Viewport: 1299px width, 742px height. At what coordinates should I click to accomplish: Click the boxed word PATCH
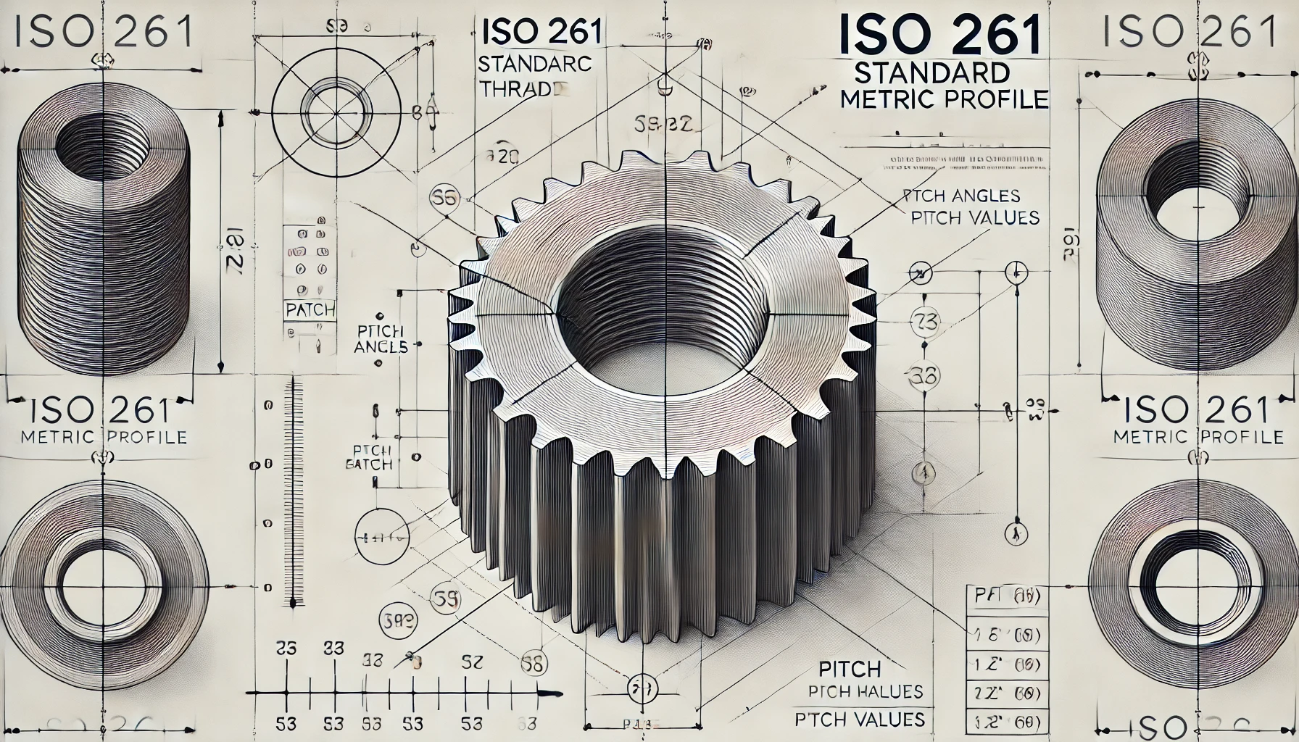click(x=310, y=310)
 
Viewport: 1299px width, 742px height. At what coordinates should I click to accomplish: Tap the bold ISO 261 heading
click(x=940, y=36)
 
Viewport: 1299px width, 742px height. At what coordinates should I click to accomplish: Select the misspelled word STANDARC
click(x=535, y=64)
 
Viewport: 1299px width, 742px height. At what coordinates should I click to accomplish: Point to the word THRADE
click(x=521, y=90)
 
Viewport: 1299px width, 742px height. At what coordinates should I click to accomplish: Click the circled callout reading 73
click(x=924, y=320)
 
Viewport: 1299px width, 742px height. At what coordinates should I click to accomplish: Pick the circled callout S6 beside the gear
click(x=444, y=197)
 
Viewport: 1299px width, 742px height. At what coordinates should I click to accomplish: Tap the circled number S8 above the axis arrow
click(x=534, y=664)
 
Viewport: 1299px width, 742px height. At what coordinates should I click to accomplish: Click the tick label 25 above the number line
click(x=287, y=648)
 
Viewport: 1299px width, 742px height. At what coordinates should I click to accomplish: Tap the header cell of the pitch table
click(x=1008, y=598)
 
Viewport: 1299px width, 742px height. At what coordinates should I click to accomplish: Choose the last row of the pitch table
click(x=1008, y=722)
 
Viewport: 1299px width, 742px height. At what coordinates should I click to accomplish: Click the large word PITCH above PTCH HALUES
click(x=849, y=668)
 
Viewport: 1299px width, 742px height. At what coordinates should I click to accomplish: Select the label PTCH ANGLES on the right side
click(x=961, y=196)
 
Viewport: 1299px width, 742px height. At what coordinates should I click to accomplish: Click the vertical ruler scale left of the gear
click(x=293, y=493)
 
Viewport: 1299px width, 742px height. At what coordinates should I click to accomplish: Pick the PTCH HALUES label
click(x=866, y=691)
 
